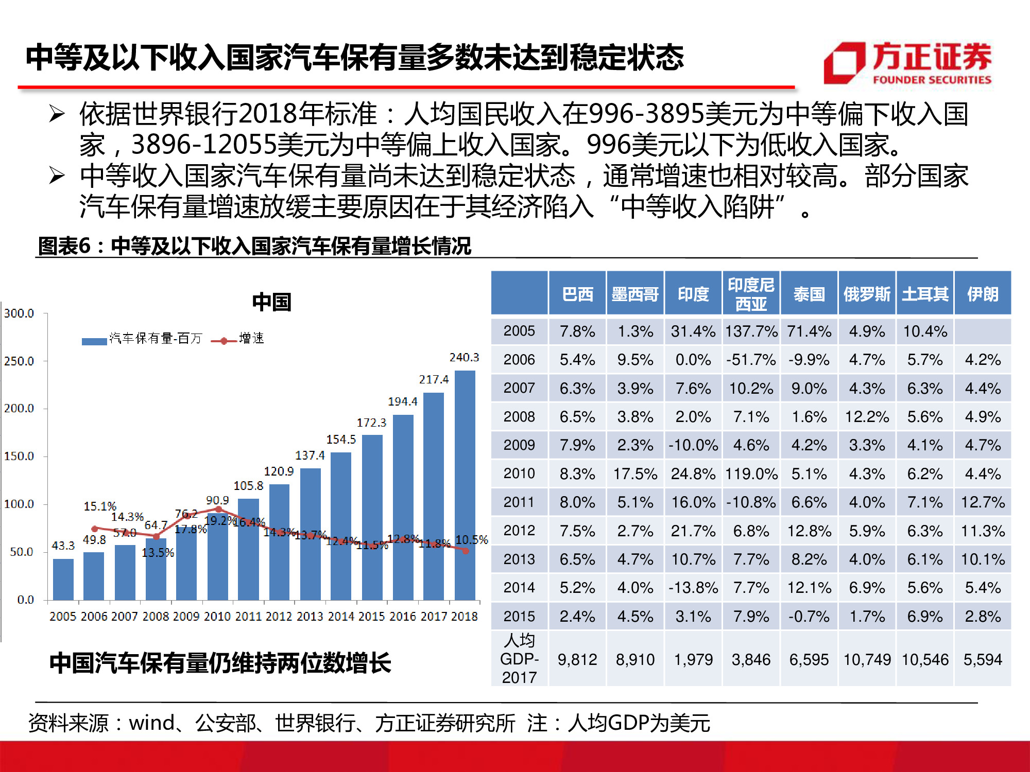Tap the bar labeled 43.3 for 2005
63,579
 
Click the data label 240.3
464,357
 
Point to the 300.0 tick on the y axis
19,313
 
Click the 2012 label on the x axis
279,616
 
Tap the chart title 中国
271,302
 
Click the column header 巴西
577,294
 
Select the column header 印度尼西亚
751,294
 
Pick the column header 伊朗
982,294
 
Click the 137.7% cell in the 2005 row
751,331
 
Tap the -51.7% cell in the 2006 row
751,360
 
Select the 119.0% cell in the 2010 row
751,473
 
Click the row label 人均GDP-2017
519,659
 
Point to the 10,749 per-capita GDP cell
867,659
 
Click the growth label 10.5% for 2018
471,540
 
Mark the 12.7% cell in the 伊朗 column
982,502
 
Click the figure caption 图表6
64,246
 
